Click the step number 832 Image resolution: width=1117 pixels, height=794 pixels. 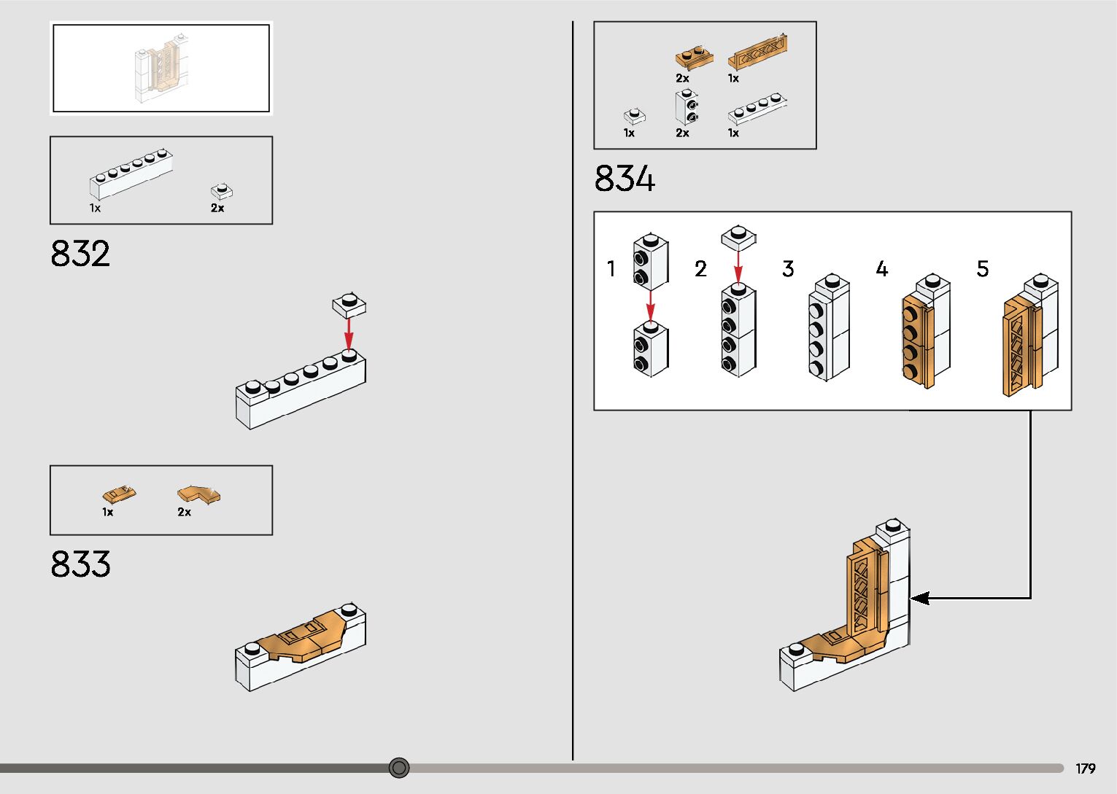(x=80, y=254)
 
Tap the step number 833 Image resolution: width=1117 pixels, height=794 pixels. (x=80, y=564)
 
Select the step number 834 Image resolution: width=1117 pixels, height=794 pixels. (x=625, y=179)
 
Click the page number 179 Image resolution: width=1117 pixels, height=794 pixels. (x=1085, y=768)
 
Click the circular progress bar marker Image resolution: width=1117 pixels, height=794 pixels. (x=398, y=767)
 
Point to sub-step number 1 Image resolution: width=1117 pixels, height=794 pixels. (x=611, y=269)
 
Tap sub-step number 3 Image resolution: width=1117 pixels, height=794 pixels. (x=788, y=269)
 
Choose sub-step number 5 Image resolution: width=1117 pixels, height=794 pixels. (x=983, y=269)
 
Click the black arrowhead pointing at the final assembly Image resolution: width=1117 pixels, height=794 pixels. (x=920, y=598)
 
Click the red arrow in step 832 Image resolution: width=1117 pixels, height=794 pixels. (x=349, y=333)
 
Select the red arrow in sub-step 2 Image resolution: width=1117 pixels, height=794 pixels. (x=738, y=267)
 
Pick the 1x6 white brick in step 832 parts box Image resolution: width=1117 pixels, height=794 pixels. (x=131, y=174)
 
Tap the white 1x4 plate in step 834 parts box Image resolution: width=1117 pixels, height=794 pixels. (x=758, y=109)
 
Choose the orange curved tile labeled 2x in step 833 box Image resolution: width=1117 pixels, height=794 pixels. (x=198, y=495)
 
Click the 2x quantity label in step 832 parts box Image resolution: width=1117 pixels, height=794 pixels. (x=217, y=208)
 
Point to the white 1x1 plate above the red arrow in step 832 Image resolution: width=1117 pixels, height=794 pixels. (x=349, y=304)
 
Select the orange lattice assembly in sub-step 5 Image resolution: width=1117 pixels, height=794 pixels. (x=1021, y=346)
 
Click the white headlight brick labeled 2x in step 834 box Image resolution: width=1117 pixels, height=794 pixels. (x=687, y=108)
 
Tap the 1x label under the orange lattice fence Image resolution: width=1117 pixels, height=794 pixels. (x=733, y=78)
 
